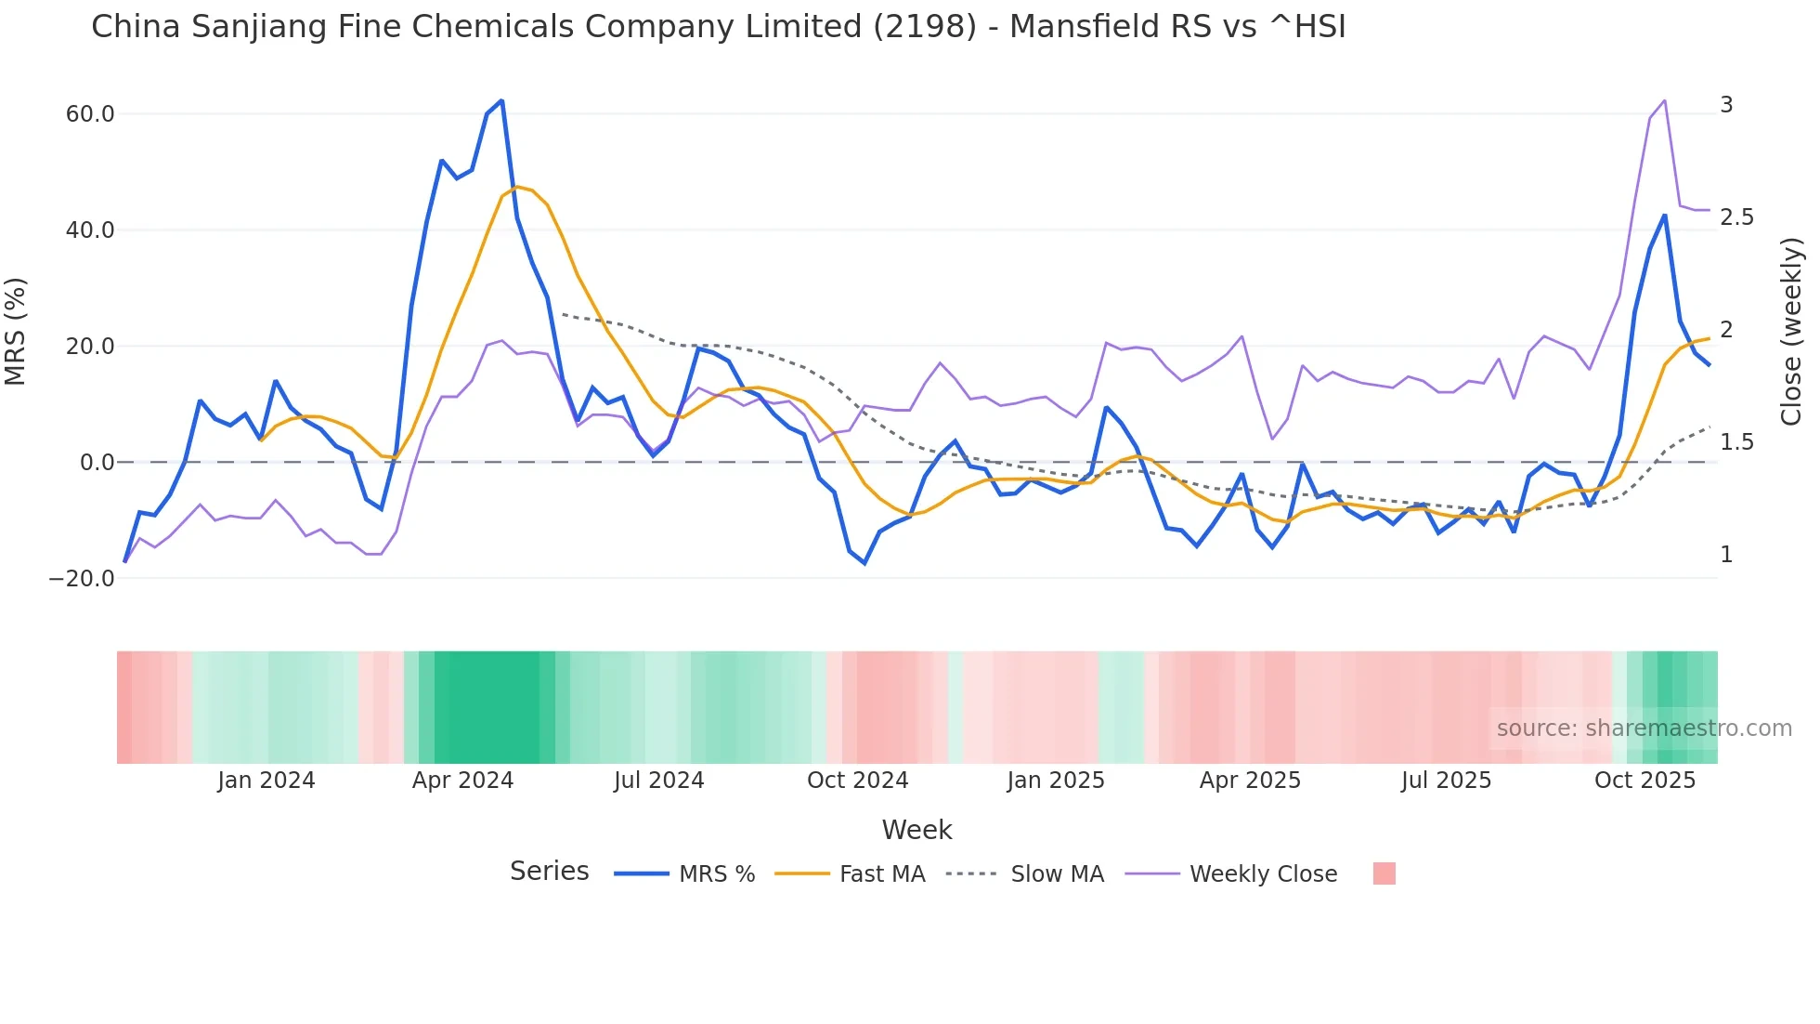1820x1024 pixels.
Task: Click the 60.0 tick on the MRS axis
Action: coord(90,114)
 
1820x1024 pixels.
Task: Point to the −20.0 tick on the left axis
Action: coord(82,578)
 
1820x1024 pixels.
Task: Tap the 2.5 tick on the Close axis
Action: coord(1736,217)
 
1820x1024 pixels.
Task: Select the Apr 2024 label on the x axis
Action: coord(462,781)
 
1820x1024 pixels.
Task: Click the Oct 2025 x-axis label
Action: coord(1644,781)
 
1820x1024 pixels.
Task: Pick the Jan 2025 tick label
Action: coord(1056,781)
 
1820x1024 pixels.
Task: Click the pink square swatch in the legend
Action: coord(1384,873)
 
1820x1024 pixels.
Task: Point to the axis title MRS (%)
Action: coord(16,332)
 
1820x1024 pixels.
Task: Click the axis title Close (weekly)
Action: coord(1791,332)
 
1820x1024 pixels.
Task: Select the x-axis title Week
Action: coord(916,830)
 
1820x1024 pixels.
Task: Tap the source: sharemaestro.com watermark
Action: coord(1644,729)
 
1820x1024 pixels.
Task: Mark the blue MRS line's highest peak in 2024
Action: coord(501,100)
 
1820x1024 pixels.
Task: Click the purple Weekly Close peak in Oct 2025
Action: coord(1664,100)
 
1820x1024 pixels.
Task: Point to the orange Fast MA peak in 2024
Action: coord(517,187)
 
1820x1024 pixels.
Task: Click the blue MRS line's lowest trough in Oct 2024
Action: coord(864,563)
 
